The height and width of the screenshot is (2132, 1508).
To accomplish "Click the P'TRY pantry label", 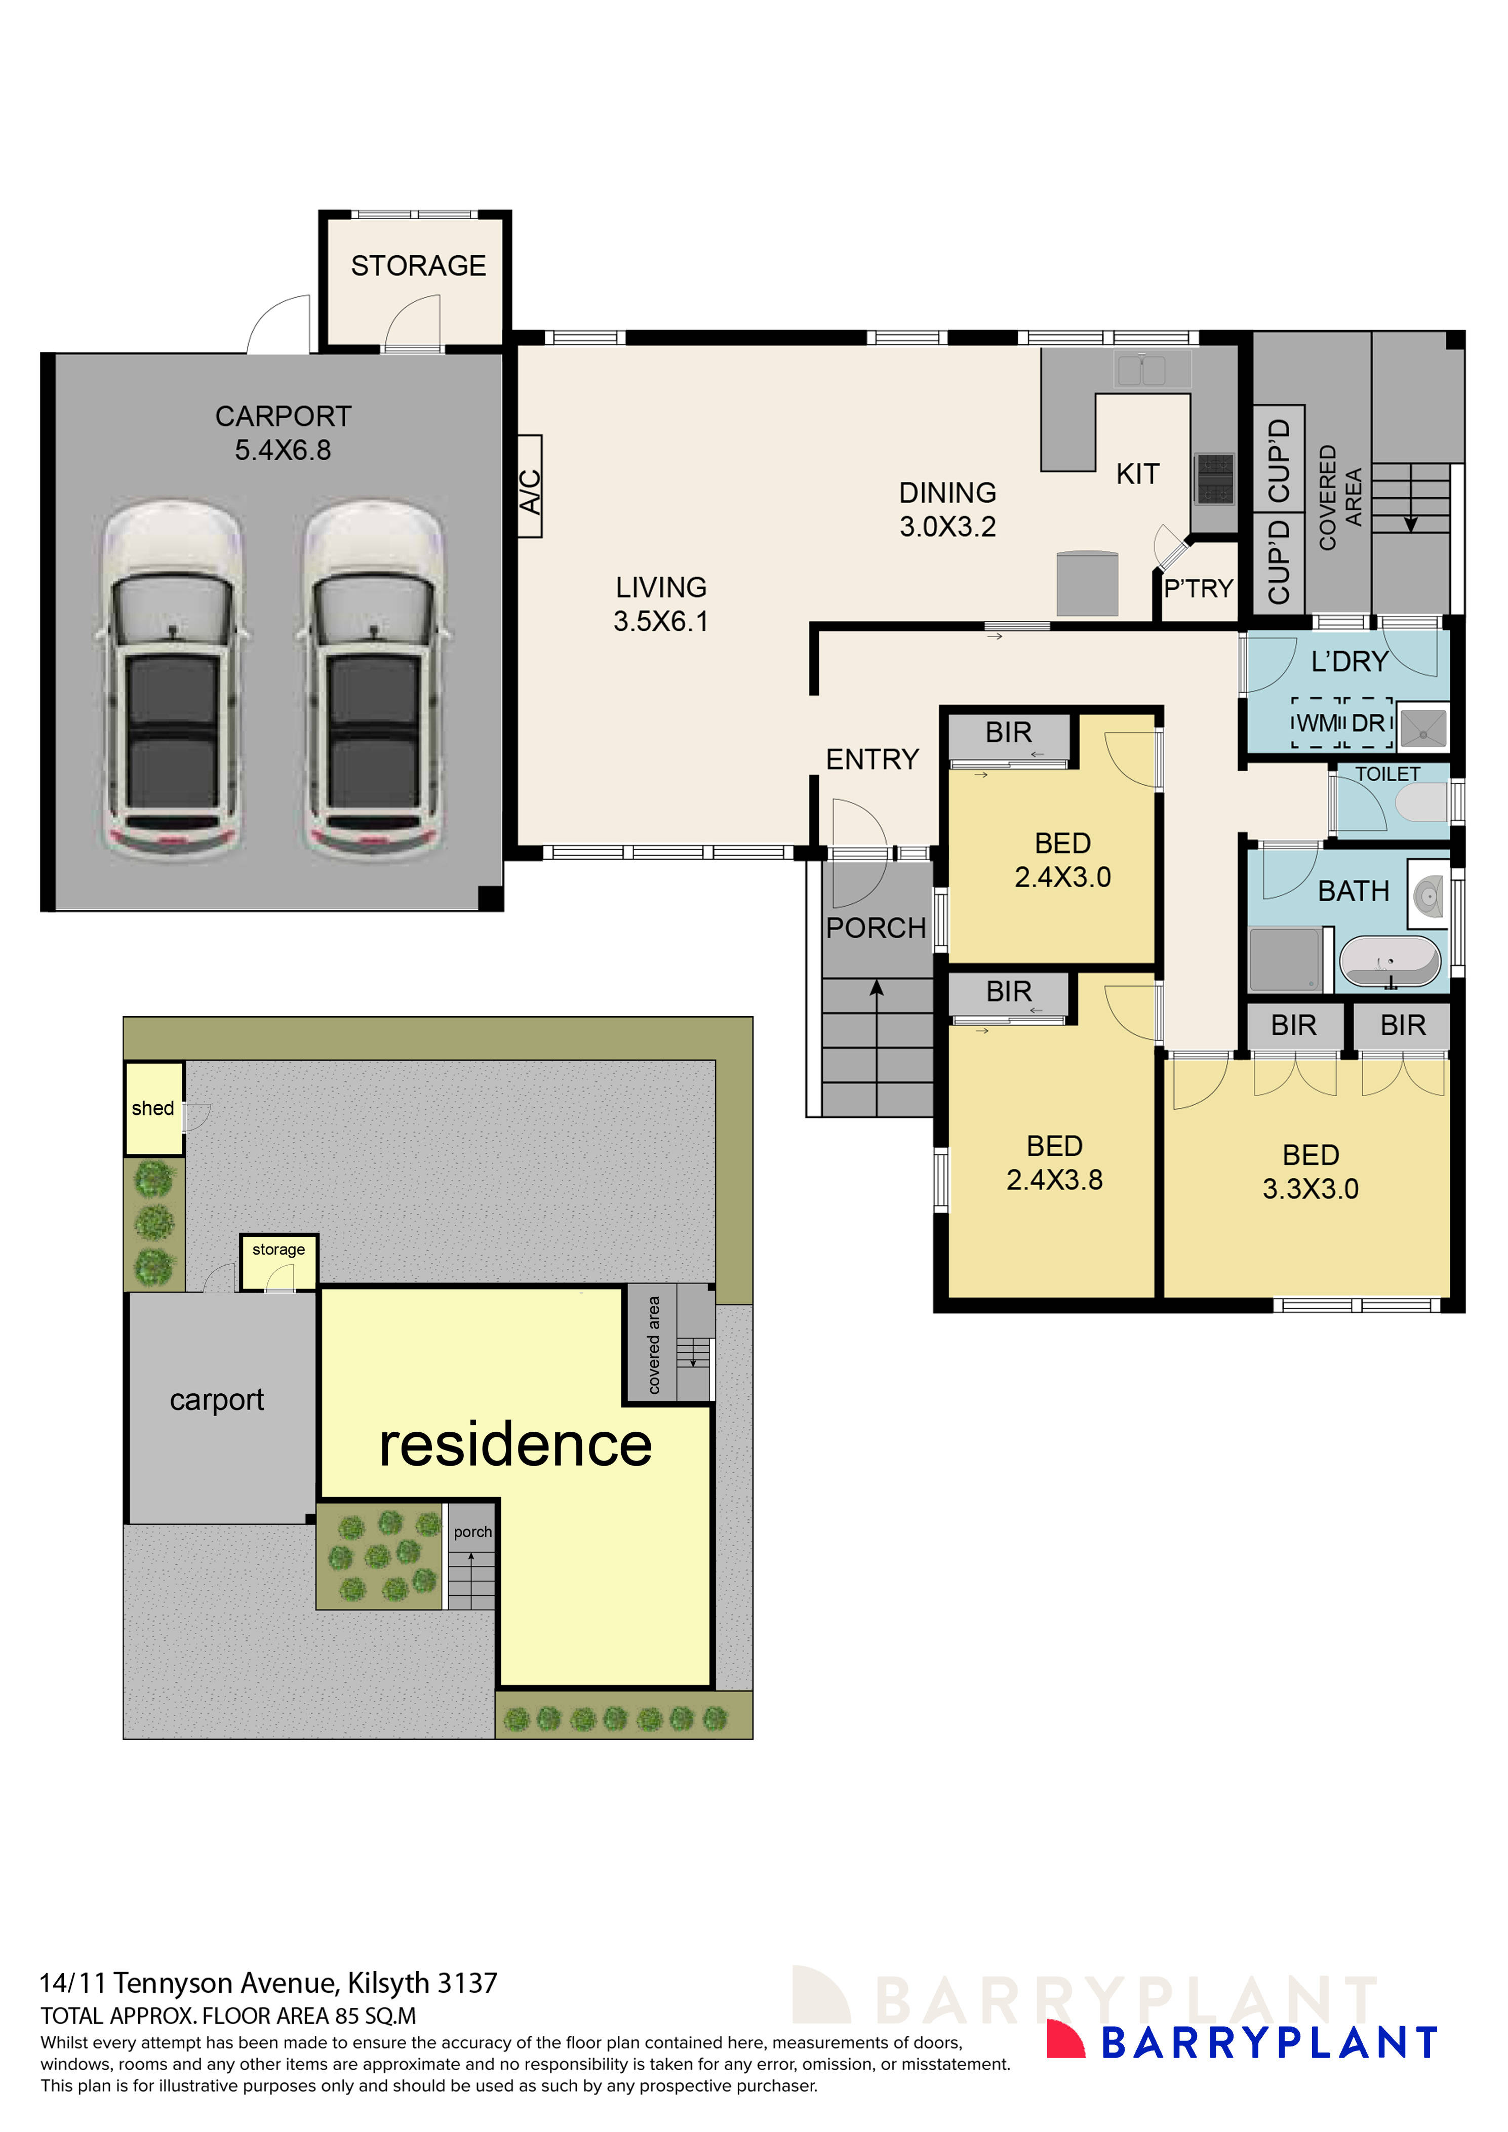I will [1198, 589].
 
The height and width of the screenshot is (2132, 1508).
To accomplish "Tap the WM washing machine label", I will [1317, 722].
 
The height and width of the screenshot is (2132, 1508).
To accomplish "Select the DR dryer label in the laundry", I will [1368, 722].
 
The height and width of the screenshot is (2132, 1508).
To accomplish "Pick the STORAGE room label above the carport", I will [418, 266].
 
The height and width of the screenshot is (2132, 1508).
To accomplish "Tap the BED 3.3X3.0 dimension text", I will [1310, 1189].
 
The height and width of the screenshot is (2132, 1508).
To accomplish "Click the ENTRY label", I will [872, 759].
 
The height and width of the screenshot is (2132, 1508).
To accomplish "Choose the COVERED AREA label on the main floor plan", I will [1340, 497].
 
